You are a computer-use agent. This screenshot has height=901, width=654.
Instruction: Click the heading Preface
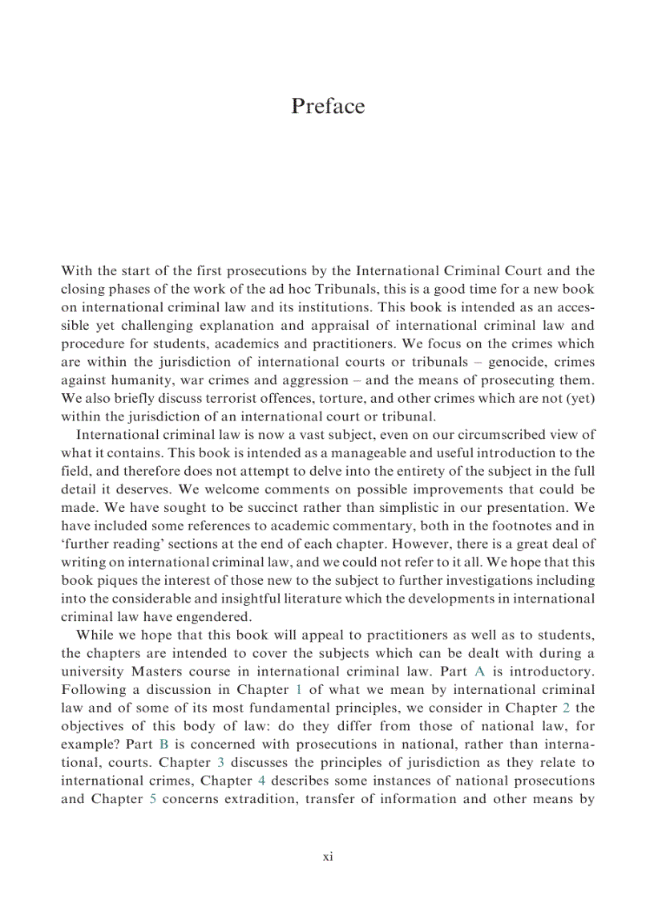click(x=327, y=107)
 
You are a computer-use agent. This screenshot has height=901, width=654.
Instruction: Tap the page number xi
click(x=327, y=857)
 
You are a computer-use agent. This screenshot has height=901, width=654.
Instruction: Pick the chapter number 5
click(x=153, y=800)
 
